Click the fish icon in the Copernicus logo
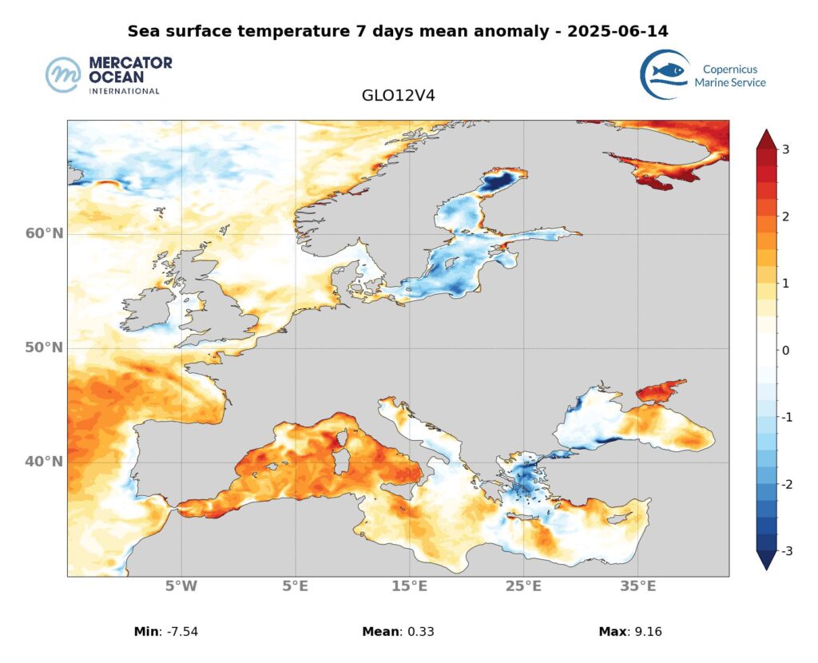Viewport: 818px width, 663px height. [x=668, y=72]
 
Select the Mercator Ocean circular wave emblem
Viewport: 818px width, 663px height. [x=63, y=75]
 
